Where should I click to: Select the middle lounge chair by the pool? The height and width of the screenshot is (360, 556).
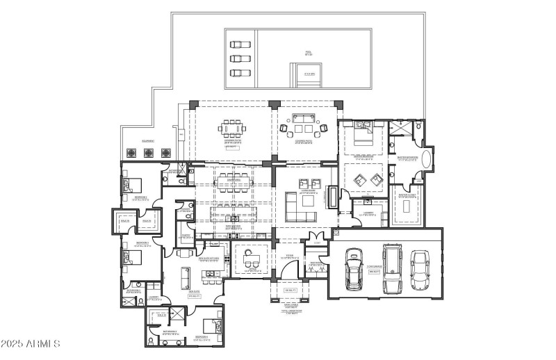tap(240, 58)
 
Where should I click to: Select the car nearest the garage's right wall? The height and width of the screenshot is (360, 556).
tap(419, 269)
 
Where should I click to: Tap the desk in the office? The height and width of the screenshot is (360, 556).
tap(250, 261)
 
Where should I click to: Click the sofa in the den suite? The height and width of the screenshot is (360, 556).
tap(186, 279)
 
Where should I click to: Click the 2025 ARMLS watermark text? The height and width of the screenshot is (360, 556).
tap(31, 345)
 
